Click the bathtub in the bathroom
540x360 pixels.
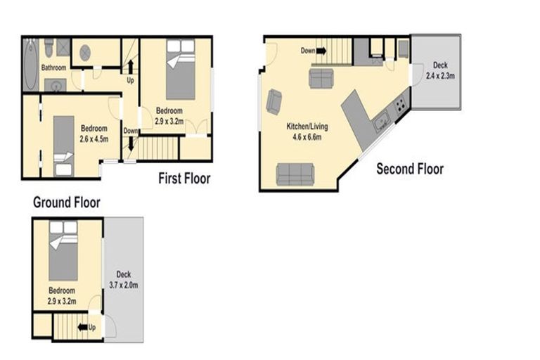tap(30, 64)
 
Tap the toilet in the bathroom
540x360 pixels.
tap(49, 47)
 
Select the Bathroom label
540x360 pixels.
tap(53, 68)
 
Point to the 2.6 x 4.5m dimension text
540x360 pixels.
tap(94, 139)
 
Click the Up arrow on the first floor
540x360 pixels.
tap(129, 67)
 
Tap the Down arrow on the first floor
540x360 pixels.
tap(129, 146)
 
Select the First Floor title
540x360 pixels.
tap(184, 179)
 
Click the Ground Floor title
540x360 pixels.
tap(67, 203)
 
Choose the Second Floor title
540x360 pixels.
tap(410, 169)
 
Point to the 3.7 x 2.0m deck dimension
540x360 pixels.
tap(124, 285)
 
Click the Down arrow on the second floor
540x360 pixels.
tap(321, 51)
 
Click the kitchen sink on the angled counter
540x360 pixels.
tap(382, 123)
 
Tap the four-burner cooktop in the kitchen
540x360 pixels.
tap(400, 105)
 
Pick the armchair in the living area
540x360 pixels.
tap(274, 102)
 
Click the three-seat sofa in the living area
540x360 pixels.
tap(295, 173)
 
